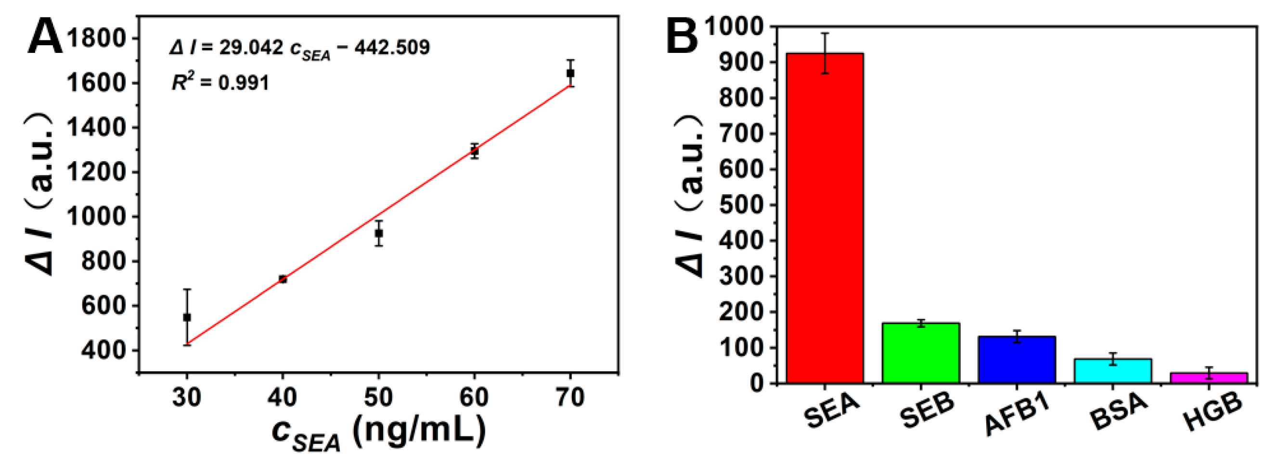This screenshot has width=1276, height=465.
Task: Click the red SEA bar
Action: point(825,218)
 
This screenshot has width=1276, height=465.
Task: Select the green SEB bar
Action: point(921,353)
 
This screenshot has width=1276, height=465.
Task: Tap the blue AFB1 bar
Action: point(1017,360)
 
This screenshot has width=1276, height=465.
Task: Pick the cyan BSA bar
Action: point(1113,371)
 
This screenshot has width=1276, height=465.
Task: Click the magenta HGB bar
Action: point(1209,378)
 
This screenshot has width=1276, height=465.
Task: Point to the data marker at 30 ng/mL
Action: point(187,317)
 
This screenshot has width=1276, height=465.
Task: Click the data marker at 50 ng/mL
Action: point(379,233)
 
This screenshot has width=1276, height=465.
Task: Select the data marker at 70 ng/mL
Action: point(571,73)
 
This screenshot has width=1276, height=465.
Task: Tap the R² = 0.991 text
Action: point(220,82)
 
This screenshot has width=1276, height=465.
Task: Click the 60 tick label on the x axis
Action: point(474,397)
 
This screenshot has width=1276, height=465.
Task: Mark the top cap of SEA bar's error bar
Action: point(825,33)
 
